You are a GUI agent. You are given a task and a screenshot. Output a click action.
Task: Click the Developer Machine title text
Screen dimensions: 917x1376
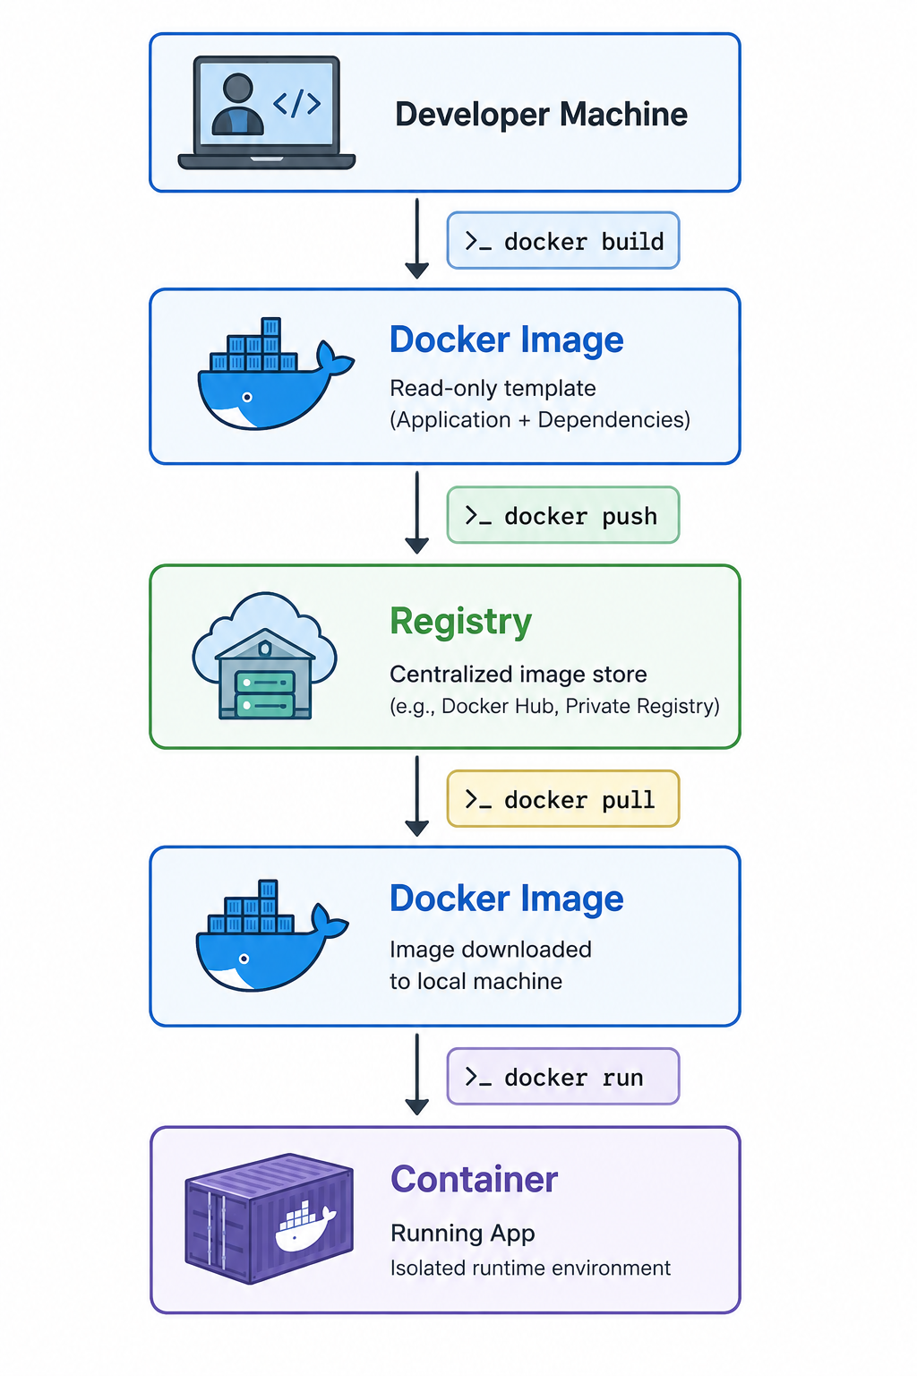coord(541,115)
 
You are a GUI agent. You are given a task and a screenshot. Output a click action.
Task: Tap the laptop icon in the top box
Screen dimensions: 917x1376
coord(267,112)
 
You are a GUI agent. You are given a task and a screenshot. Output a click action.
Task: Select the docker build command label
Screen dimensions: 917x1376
coord(563,241)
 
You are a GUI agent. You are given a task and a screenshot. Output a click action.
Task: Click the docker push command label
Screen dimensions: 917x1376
coord(563,515)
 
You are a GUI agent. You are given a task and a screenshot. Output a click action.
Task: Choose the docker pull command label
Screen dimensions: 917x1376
coord(563,798)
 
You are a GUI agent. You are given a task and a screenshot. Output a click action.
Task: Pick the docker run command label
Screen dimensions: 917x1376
coord(563,1076)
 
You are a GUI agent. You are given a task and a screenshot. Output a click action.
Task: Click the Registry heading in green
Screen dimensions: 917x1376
coord(460,623)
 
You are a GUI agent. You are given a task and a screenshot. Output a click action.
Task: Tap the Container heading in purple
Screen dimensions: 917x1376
coord(474,1180)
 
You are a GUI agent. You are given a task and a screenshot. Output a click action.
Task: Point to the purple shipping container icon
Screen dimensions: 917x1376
coord(269,1218)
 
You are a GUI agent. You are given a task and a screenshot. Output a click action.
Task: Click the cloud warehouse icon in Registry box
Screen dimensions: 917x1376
coord(265,656)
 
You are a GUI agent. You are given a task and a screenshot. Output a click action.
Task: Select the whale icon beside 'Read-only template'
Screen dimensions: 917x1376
coord(276,374)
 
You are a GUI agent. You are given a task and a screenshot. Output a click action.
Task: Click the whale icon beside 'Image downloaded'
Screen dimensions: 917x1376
coord(272,935)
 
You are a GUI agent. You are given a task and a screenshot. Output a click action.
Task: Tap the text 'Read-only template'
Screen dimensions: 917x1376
coord(493,388)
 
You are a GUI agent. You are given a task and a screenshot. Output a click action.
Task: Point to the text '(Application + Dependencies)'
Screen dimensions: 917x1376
coord(540,419)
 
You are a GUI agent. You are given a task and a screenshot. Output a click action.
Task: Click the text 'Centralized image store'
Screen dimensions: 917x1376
coord(518,675)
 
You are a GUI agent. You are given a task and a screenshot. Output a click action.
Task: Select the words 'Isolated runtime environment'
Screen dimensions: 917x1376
coord(531,1268)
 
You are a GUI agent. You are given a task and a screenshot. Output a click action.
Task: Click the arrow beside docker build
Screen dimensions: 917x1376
coord(417,238)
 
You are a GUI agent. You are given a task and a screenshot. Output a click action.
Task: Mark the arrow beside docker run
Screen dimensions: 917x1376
coord(417,1074)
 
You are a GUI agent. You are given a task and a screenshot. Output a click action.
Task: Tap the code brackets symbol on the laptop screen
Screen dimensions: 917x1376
coord(297,103)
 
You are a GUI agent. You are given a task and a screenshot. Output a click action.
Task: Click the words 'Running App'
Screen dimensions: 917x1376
coord(462,1234)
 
